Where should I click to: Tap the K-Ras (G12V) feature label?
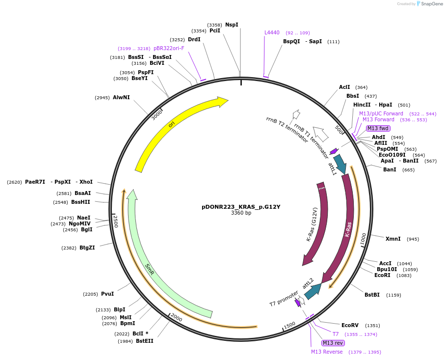click(312, 224)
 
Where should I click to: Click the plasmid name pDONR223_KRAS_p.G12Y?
click(241, 207)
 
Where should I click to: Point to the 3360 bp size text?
click(241, 213)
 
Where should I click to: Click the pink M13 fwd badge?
click(378, 129)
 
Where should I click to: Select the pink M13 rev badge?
click(333, 343)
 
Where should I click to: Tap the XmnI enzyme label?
click(393, 239)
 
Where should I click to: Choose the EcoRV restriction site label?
click(350, 325)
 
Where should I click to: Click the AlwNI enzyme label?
click(121, 98)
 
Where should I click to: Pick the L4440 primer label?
click(272, 33)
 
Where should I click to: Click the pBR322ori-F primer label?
click(169, 48)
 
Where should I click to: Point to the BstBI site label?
click(372, 295)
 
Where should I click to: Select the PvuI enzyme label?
click(107, 294)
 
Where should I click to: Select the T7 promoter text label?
click(284, 299)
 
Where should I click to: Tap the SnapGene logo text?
click(432, 4)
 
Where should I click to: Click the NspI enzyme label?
click(232, 25)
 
